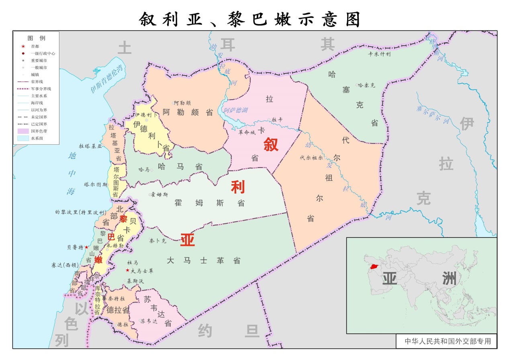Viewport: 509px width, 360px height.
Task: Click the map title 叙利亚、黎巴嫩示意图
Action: pyautogui.click(x=250, y=19)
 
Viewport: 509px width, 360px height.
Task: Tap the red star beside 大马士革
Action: pyautogui.click(x=128, y=270)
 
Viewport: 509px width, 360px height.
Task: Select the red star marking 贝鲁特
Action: pyautogui.click(x=86, y=247)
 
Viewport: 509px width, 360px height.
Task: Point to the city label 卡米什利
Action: pyautogui.click(x=379, y=54)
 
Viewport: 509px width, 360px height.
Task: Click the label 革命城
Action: pyautogui.click(x=247, y=132)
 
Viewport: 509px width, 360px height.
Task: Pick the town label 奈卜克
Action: pyautogui.click(x=157, y=241)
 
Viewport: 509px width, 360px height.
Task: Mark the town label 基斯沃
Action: pyautogui.click(x=135, y=281)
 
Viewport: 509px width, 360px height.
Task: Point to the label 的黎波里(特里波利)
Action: pyautogui.click(x=80, y=212)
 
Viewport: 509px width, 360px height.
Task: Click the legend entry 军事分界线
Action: pyautogui.click(x=41, y=88)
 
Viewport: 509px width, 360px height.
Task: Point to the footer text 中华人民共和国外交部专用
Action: pyautogui.click(x=448, y=342)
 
